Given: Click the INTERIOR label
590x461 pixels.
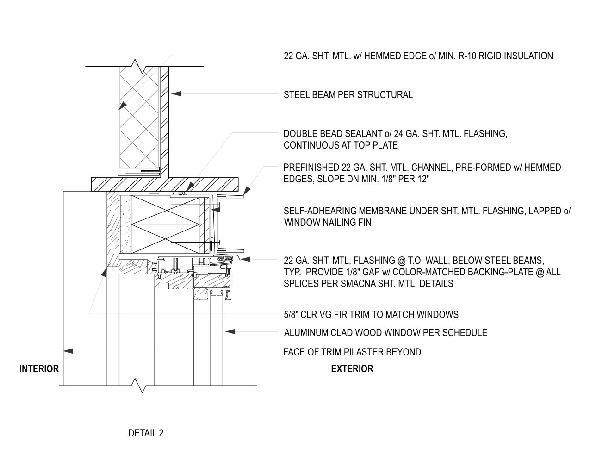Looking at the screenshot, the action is click(x=39, y=369).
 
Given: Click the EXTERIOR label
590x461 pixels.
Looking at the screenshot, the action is click(x=352, y=369).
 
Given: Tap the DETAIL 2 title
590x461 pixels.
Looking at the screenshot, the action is click(x=146, y=433).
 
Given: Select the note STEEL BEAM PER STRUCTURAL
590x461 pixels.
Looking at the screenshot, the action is click(x=348, y=95).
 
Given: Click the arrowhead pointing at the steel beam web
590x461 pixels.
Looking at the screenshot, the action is click(x=176, y=93).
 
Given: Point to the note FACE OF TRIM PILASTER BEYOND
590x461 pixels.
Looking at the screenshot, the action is click(x=352, y=352).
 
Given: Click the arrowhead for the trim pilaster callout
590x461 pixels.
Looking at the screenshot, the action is click(x=68, y=351).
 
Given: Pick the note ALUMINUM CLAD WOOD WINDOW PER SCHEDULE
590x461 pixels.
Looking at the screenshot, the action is click(x=385, y=333).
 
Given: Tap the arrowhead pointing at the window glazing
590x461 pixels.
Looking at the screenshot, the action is click(x=230, y=331).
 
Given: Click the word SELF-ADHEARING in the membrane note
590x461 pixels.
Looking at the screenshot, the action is click(x=322, y=211).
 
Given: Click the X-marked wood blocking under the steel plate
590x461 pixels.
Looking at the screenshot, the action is click(x=165, y=224).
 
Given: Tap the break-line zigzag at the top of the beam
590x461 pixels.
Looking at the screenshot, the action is click(x=142, y=66).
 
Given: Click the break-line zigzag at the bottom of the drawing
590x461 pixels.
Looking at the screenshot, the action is click(x=142, y=386).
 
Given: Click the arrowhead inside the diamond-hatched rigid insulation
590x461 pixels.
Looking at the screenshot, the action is click(x=123, y=106).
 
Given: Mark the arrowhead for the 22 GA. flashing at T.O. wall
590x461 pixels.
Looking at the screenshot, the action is click(x=245, y=259).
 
